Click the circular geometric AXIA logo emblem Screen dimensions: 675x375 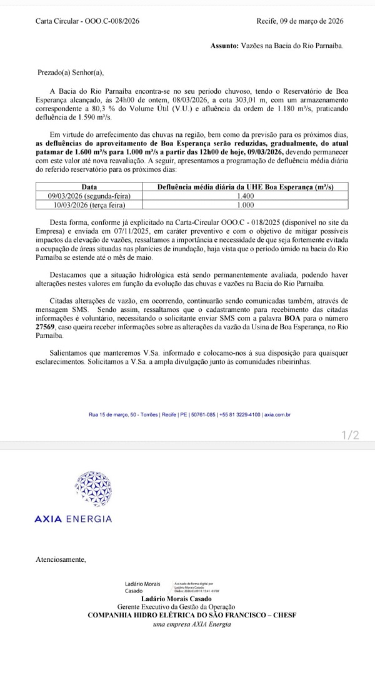tap(93, 489)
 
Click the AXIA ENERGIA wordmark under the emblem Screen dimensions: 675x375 tap(73, 519)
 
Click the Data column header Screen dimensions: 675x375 tap(89, 187)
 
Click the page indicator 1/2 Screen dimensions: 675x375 tap(351, 435)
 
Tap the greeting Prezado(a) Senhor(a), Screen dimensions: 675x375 tap(70, 72)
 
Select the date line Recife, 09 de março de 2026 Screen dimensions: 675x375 tap(300, 21)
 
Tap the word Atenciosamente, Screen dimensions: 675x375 tap(61, 559)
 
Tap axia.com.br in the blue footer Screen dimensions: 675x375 tap(277, 414)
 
